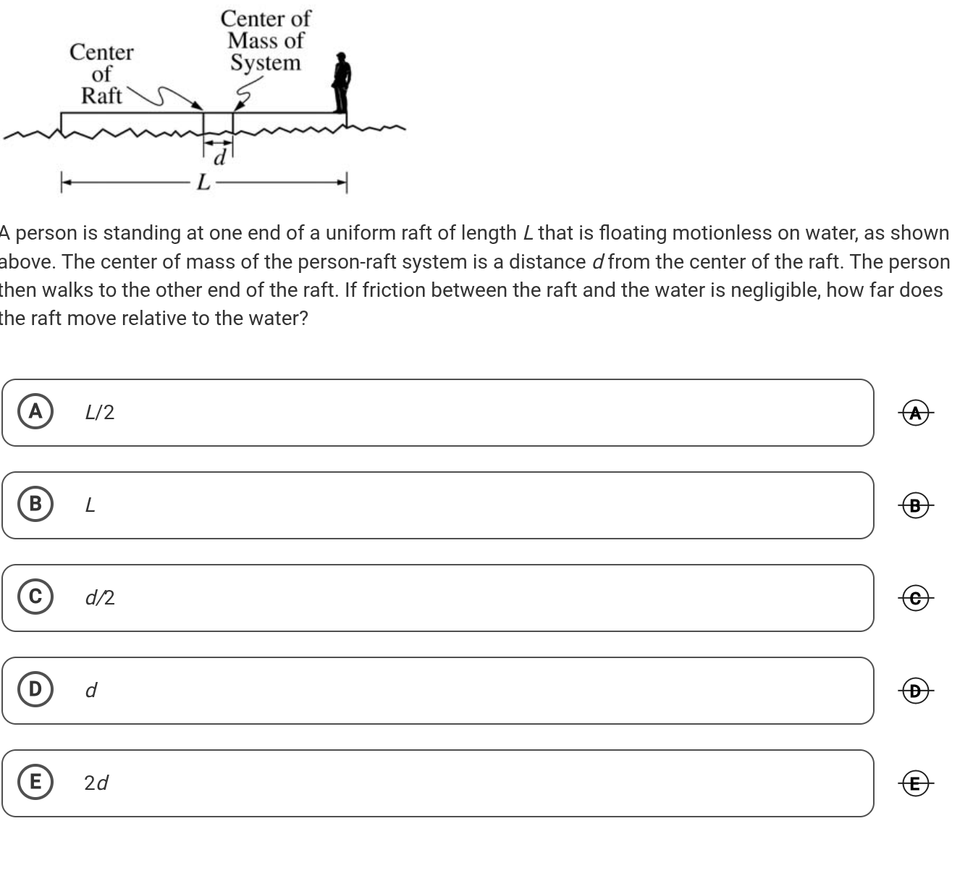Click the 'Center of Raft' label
coord(101,74)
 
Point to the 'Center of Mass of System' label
coord(266,41)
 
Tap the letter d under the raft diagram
coord(222,157)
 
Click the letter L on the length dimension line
coord(203,182)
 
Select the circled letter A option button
coord(35,412)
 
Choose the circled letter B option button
coord(35,504)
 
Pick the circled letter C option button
coord(35,597)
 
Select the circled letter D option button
coord(35,689)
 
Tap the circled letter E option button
coord(35,782)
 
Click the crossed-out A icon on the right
coord(916,413)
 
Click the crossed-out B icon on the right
coord(916,505)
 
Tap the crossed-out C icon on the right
coord(916,598)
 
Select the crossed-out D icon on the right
coord(916,691)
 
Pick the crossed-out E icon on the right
coord(916,783)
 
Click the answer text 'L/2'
coord(99,413)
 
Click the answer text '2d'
coord(96,783)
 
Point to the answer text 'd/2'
coord(99,598)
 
